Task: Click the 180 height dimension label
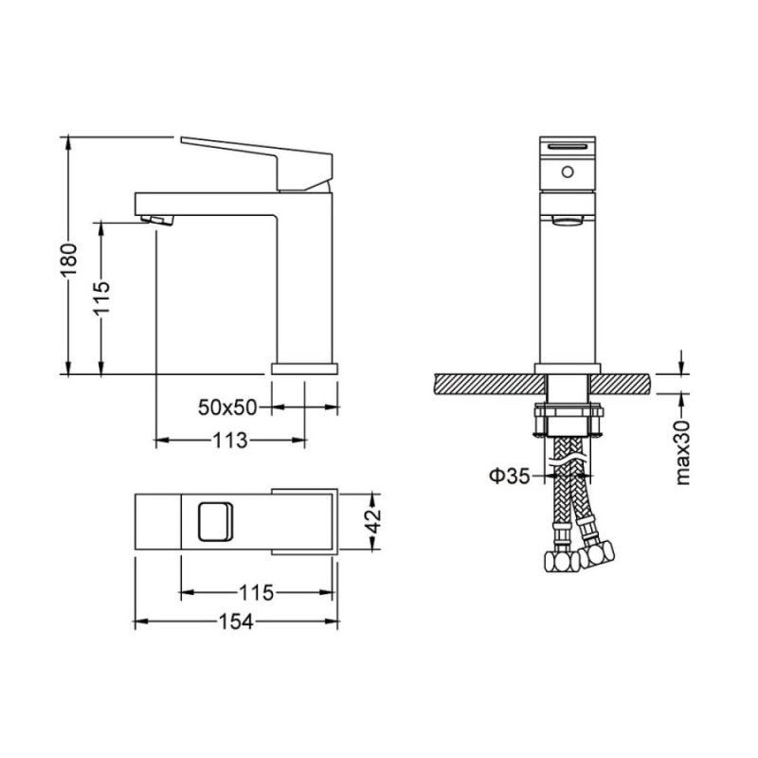pos(68,260)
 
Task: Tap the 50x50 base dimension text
pos(227,407)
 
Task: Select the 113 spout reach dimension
pos(230,441)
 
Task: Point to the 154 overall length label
pos(236,623)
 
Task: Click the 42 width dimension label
pos(372,520)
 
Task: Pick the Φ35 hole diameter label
pos(510,477)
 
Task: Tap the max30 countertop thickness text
pos(682,453)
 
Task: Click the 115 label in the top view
pos(256,592)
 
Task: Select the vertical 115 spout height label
pos(102,298)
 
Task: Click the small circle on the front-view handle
pos(568,171)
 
